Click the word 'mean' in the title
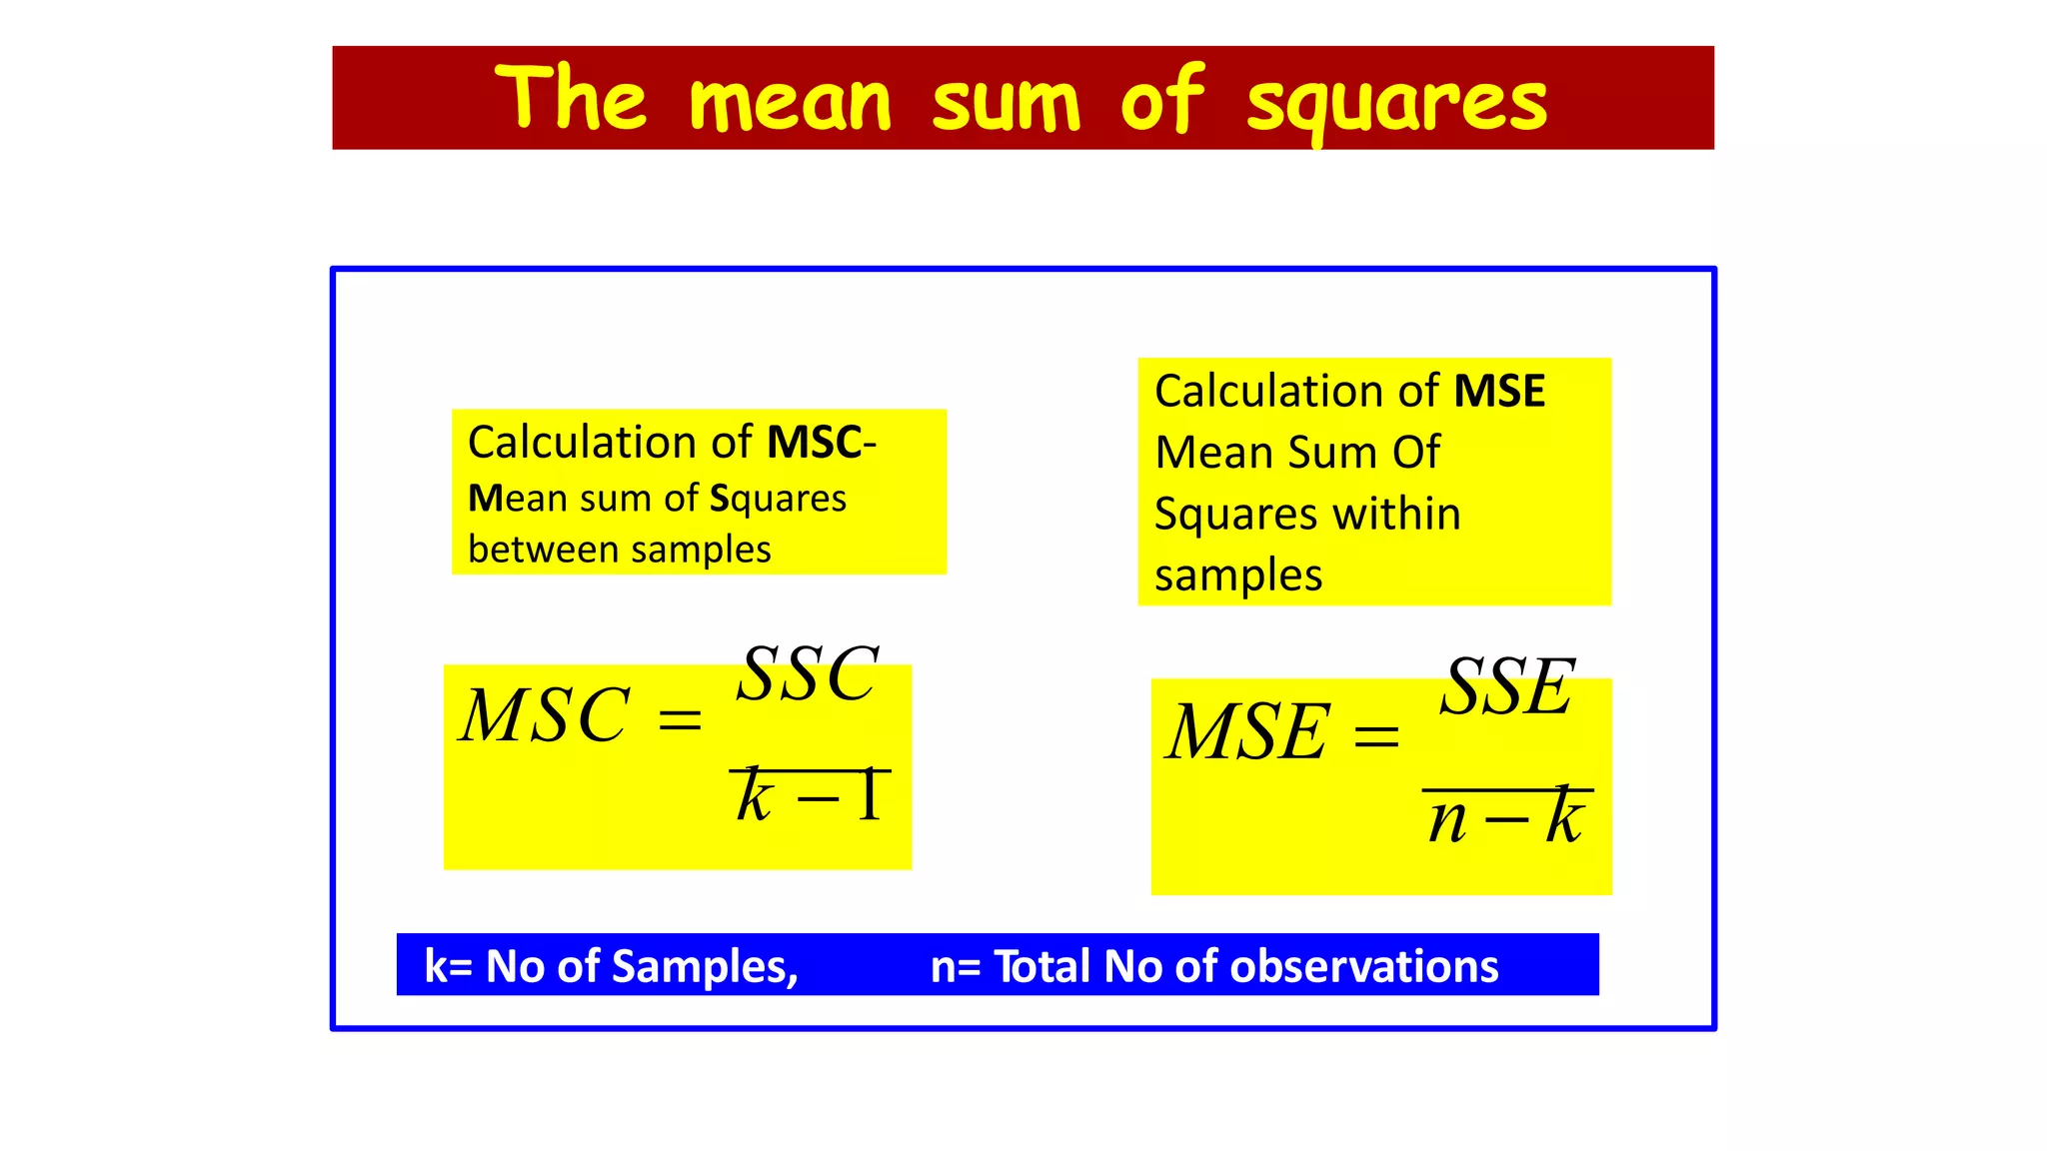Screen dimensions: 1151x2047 (790, 102)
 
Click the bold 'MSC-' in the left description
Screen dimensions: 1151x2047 (821, 443)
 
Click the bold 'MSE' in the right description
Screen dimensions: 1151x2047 (1499, 391)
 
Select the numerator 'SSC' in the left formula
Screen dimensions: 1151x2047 (808, 674)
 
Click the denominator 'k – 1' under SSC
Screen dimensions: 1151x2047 (810, 797)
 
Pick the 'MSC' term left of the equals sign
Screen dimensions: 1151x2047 (545, 716)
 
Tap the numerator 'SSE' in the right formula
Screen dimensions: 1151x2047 (1507, 687)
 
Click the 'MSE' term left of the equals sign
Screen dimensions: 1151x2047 (1249, 732)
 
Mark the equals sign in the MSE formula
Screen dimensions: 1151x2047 (1375, 737)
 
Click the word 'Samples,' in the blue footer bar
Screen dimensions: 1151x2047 (705, 966)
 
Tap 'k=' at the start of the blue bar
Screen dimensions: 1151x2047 (448, 966)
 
